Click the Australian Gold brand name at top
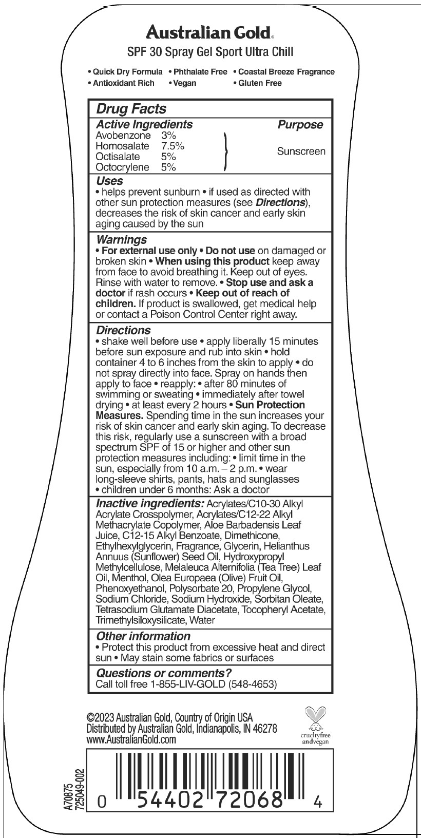click(210, 33)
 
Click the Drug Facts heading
click(131, 109)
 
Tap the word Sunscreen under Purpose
click(301, 151)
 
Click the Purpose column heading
click(300, 125)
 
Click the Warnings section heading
click(122, 240)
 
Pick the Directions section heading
click(124, 331)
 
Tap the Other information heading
click(143, 636)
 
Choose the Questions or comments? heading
click(164, 673)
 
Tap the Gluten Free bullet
click(259, 83)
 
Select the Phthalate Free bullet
click(200, 72)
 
